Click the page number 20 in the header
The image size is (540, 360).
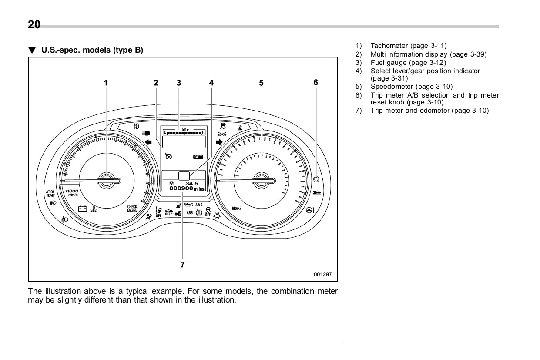[34, 25]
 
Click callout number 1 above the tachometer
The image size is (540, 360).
[105, 82]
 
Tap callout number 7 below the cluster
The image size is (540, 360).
[183, 264]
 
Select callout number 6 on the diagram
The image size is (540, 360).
[316, 82]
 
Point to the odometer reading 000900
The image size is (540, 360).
[181, 188]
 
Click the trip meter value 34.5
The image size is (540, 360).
[192, 183]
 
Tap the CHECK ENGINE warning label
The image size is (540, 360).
[132, 209]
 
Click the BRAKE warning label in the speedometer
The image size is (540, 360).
[236, 209]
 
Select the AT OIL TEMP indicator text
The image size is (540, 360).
[50, 193]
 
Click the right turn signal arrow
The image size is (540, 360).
[219, 141]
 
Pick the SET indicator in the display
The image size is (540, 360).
[198, 157]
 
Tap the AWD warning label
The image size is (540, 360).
[199, 205]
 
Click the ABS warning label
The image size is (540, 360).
[190, 213]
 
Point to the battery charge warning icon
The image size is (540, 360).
[83, 209]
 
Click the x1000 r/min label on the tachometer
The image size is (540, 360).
[72, 193]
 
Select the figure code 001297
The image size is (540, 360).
[323, 274]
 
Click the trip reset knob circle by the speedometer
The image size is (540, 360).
[316, 179]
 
